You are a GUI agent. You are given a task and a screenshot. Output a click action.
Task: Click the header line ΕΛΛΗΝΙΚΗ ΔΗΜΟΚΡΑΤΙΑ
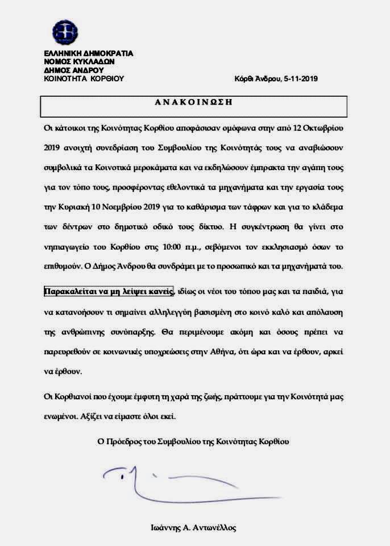88,53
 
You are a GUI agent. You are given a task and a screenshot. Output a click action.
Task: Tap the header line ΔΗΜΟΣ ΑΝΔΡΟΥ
73,71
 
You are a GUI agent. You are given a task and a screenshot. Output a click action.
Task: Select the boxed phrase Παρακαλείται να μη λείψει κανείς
109,292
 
